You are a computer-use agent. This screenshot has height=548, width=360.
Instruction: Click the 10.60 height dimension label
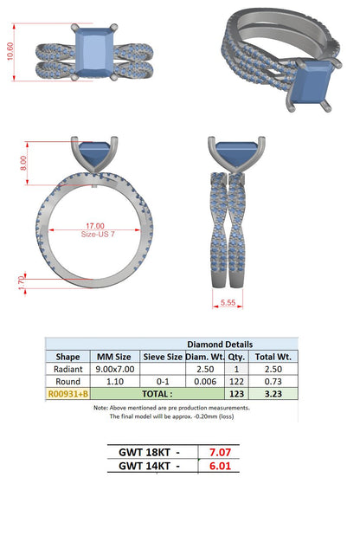(10, 51)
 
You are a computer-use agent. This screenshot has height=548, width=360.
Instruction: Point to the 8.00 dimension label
(23, 163)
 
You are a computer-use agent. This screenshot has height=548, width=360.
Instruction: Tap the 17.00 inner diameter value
(95, 226)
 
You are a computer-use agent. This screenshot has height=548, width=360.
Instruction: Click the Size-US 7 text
(98, 234)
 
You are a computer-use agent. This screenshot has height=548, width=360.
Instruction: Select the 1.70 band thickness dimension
(22, 283)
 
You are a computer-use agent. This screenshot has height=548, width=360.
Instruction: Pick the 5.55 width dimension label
(228, 302)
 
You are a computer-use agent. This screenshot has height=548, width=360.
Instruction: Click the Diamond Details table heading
(220, 345)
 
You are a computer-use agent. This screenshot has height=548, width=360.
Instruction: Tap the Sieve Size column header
(163, 357)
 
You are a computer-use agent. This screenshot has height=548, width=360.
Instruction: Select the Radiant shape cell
(68, 369)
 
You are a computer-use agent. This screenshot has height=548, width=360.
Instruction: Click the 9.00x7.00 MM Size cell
(115, 369)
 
